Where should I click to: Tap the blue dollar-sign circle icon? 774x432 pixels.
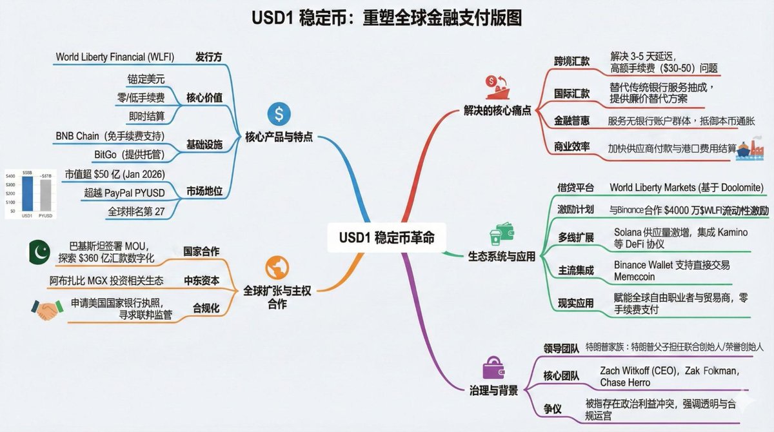[279, 114]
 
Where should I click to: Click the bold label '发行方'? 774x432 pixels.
[208, 57]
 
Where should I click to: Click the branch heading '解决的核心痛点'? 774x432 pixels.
[497, 110]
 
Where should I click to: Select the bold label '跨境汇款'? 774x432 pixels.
[571, 61]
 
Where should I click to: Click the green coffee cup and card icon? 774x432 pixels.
[501, 234]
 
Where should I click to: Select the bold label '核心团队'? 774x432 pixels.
[561, 375]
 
